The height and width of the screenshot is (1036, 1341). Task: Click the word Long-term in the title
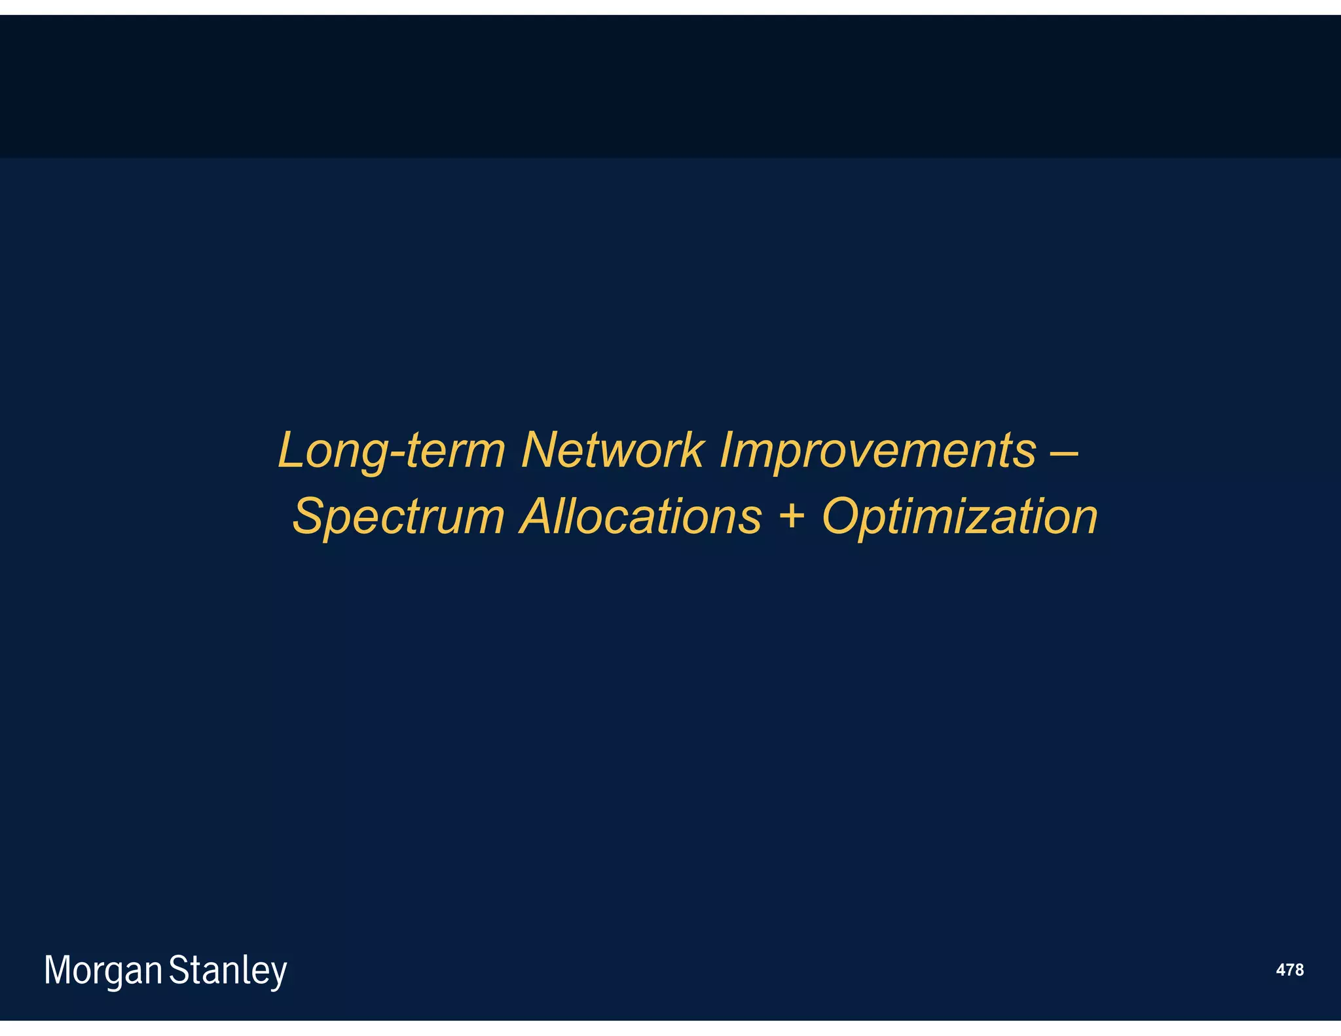point(392,451)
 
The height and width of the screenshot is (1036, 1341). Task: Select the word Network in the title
point(612,451)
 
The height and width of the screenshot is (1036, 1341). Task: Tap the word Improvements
point(877,451)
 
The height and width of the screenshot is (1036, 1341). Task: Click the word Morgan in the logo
point(103,971)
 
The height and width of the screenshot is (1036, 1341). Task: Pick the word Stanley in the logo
point(228,971)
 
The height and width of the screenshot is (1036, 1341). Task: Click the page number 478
point(1289,970)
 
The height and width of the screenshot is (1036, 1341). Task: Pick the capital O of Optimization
point(843,516)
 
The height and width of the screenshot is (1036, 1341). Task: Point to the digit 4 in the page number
point(1280,970)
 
